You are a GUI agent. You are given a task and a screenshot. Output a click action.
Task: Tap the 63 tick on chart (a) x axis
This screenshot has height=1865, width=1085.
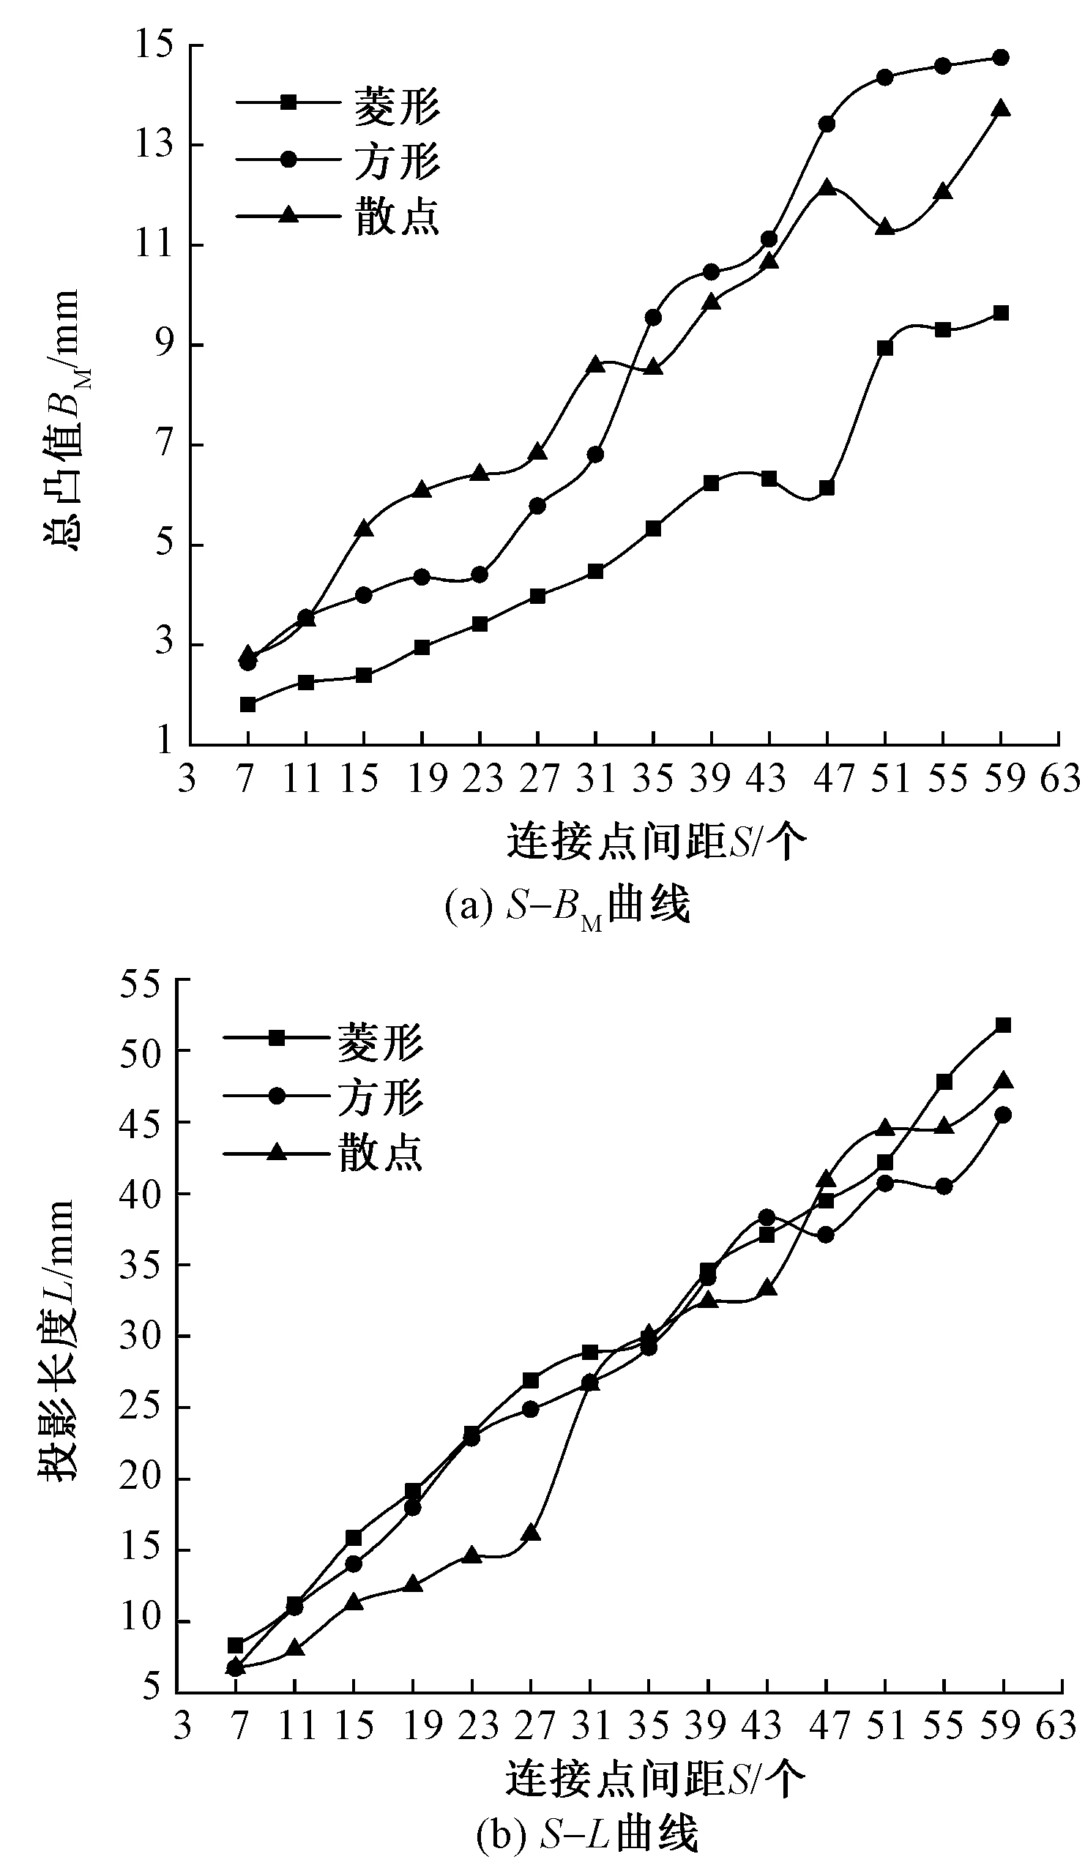click(x=1060, y=780)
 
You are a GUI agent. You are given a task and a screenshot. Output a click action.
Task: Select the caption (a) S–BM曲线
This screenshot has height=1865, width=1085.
click(x=567, y=905)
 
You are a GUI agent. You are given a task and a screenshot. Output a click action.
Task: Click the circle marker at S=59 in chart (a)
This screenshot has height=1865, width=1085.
click(x=1001, y=57)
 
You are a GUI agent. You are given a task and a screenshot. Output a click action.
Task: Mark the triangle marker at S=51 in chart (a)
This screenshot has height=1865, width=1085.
click(x=884, y=227)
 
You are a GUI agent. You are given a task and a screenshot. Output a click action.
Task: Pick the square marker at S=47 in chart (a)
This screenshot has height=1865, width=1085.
click(x=827, y=488)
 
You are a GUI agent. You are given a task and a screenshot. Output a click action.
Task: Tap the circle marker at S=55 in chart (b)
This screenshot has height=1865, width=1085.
click(x=944, y=1186)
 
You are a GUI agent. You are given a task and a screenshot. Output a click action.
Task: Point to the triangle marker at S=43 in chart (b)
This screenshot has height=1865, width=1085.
click(x=767, y=1288)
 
